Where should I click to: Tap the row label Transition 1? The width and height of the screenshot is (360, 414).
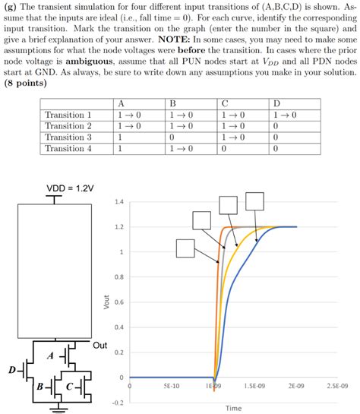pos(68,115)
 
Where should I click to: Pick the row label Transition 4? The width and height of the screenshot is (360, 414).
pos(68,150)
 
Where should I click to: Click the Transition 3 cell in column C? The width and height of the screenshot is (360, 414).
pos(233,138)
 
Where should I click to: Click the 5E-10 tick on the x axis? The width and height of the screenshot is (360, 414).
pos(172,386)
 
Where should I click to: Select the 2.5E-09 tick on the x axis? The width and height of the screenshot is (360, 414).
pos(337,386)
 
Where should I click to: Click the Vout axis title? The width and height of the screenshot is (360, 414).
pos(106,302)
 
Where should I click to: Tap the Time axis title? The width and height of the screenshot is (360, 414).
pos(234,408)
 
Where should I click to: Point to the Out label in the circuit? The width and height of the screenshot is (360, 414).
pos(99,346)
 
